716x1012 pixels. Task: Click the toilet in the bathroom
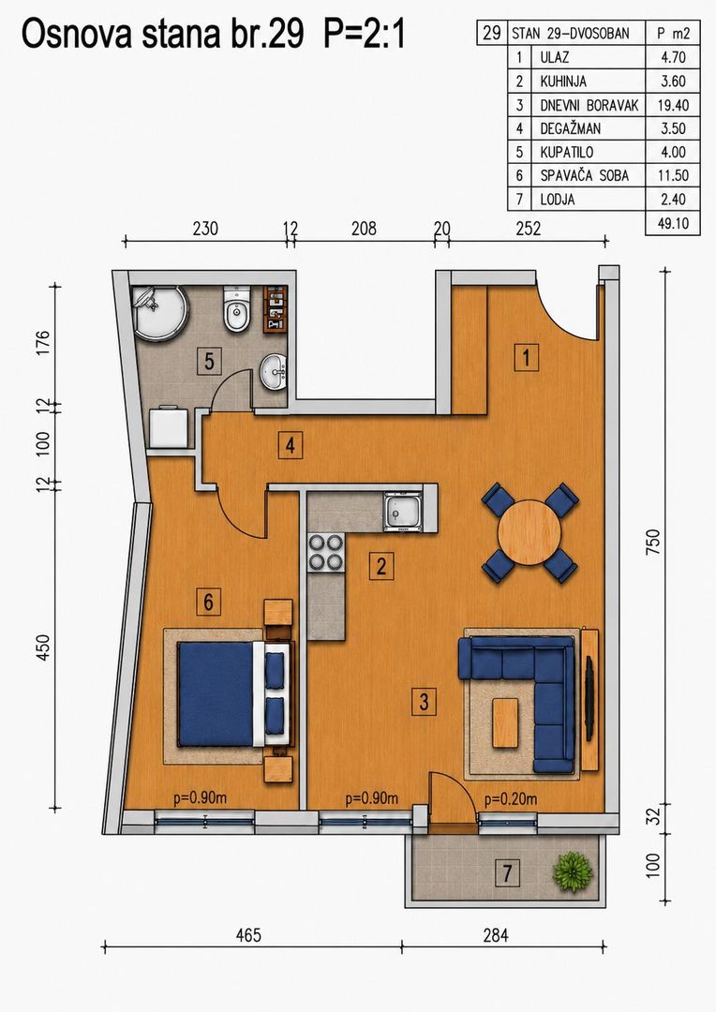point(236,310)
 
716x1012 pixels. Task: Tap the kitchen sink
point(403,512)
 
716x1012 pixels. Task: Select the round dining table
point(530,533)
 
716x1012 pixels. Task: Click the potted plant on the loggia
point(573,872)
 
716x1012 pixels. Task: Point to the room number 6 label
point(209,603)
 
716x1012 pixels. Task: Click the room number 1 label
point(527,357)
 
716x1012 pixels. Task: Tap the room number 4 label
point(291,445)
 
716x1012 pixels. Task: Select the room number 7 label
point(507,873)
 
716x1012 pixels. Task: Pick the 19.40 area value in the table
point(673,105)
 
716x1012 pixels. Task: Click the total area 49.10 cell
point(673,223)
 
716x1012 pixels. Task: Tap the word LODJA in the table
point(558,200)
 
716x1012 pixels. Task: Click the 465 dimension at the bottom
point(248,934)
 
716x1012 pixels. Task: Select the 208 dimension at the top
point(364,228)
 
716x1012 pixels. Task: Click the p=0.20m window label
point(511,799)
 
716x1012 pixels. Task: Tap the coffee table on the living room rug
point(505,722)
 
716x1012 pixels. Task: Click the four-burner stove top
point(325,553)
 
